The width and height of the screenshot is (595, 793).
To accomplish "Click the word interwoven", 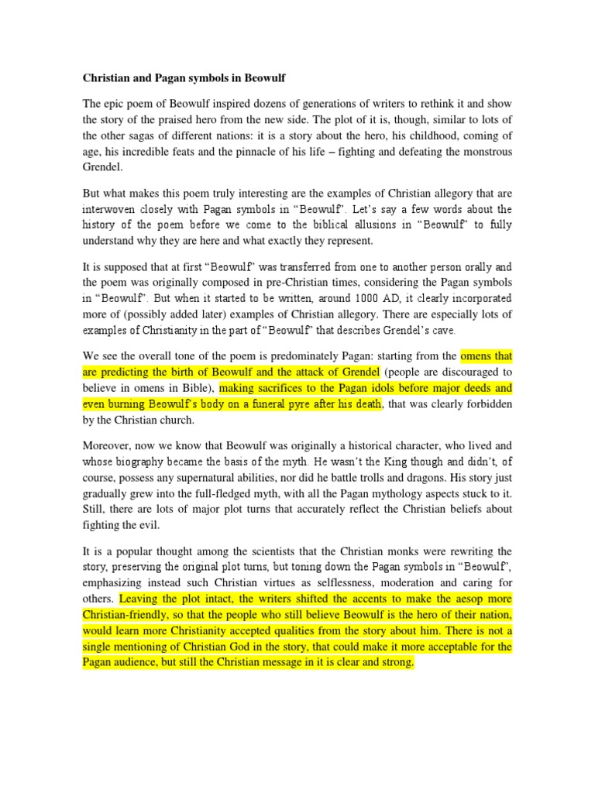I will pos(109,209).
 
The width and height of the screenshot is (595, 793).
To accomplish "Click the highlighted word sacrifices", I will pos(284,387).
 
